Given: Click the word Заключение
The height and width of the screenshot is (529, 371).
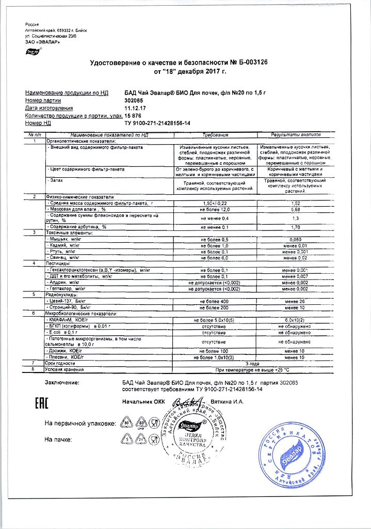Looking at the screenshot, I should point(62,383).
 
